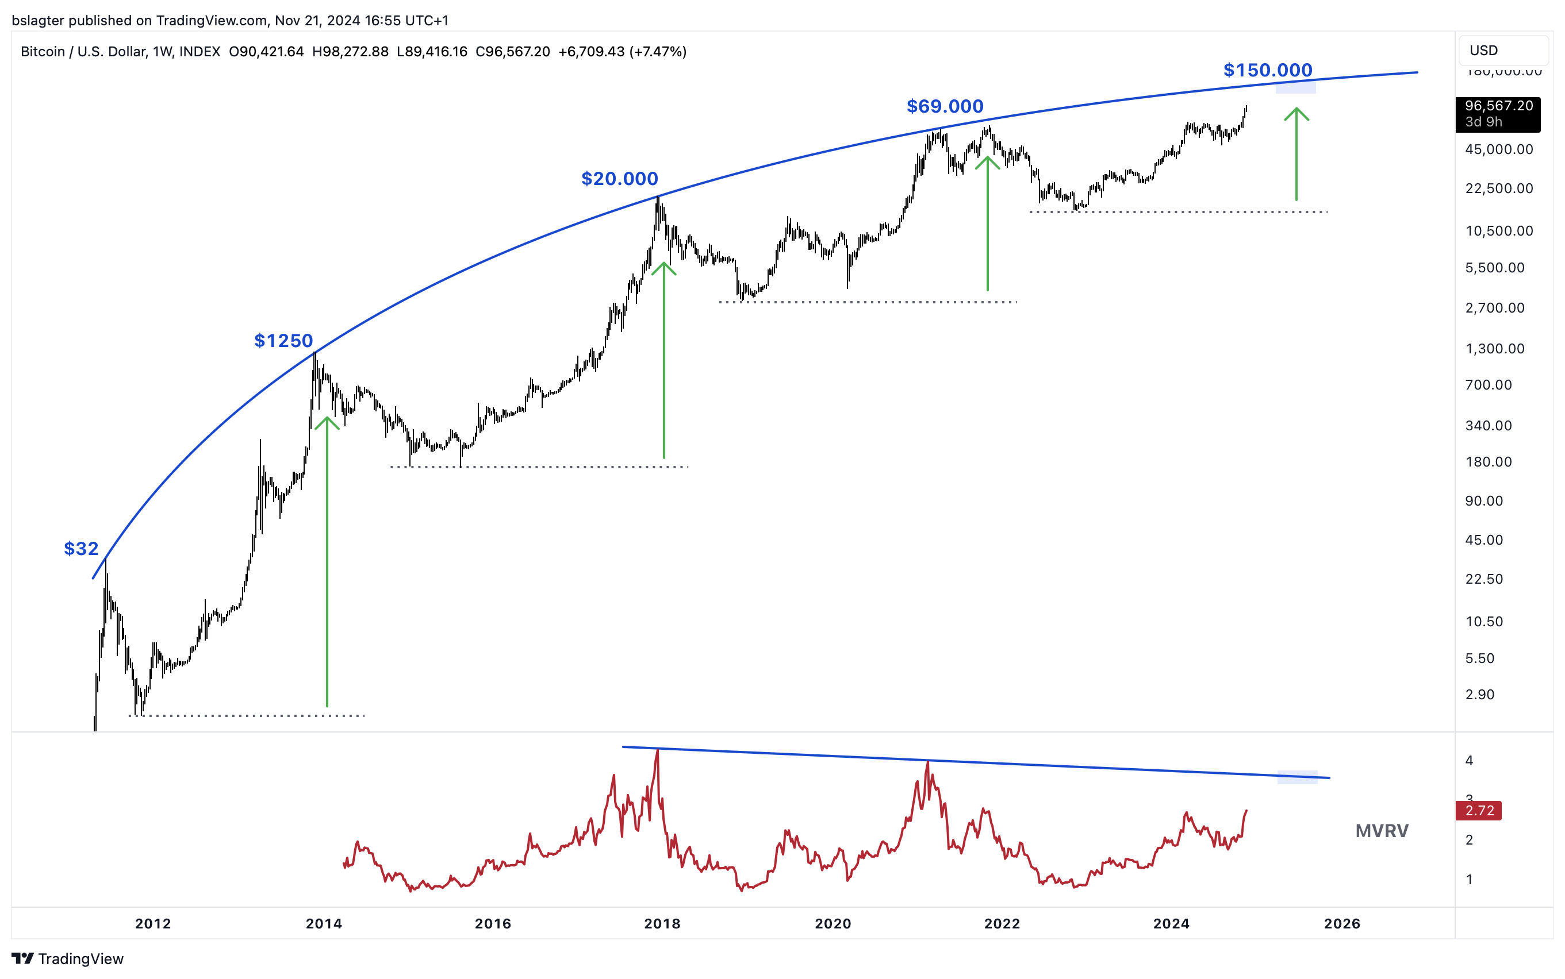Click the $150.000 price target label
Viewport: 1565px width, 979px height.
pos(1267,70)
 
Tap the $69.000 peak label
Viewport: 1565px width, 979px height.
pos(945,106)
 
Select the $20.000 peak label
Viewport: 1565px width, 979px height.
pos(619,179)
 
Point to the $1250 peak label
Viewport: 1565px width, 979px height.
pos(283,341)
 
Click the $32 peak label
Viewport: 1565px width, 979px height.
pos(81,549)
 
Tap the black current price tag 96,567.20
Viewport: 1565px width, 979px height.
pos(1498,114)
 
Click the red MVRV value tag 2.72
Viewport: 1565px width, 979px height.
pos(1479,811)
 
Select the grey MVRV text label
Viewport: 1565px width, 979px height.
pos(1382,831)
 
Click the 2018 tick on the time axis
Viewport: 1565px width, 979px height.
pos(662,924)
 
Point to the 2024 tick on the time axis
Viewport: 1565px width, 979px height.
pos(1171,924)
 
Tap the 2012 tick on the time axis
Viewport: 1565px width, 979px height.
pos(153,924)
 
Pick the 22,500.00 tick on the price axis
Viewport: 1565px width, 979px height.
pos(1499,188)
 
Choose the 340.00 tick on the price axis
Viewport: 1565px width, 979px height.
pos(1489,425)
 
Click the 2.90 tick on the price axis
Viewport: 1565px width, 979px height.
pos(1479,695)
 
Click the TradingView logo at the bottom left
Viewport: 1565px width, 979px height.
pos(67,958)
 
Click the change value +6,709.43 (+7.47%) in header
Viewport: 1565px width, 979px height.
pos(623,52)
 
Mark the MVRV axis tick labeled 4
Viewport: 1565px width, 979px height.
pos(1469,760)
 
